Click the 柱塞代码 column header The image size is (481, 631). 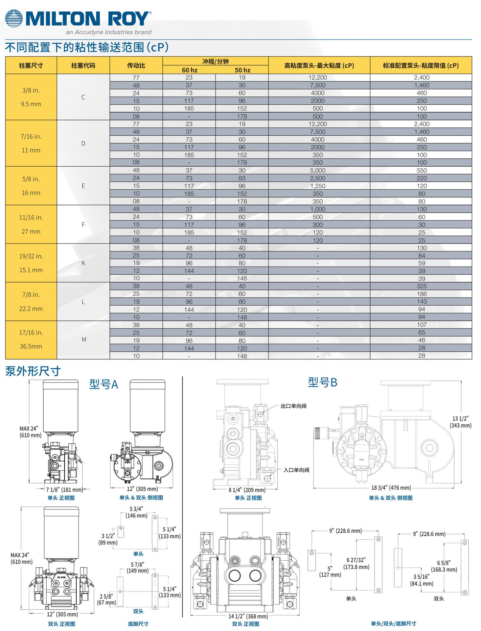coord(83,65)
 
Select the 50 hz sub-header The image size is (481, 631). coord(242,70)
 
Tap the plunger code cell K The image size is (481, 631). coord(83,263)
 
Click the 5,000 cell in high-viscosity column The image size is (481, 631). coord(317,171)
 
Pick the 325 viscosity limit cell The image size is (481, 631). coord(422,286)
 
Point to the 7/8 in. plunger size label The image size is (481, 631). coord(31,295)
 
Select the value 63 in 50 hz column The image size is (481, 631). coord(242,178)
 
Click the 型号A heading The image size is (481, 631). coord(103,384)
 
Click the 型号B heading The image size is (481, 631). coord(322,382)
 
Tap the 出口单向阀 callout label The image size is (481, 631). coord(293,406)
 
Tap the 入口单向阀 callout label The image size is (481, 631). coord(296,470)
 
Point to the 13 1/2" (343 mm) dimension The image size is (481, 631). coord(461,422)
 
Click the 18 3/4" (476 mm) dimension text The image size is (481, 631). coord(391,488)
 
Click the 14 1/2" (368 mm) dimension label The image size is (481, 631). coord(248,616)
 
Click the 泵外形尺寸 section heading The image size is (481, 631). coord(33,371)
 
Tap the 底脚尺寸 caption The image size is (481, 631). coord(138,624)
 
